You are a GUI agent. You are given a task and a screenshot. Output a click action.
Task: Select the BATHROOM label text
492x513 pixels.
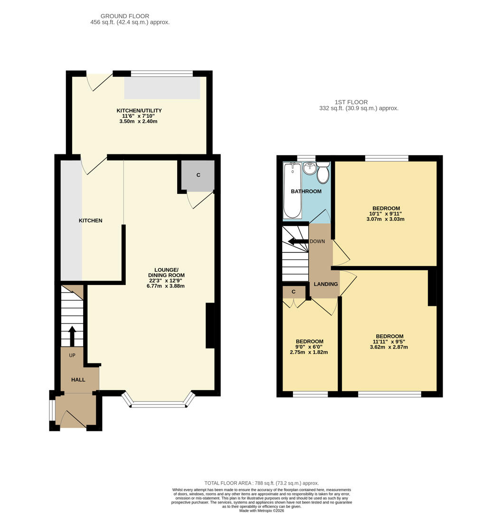pyautogui.click(x=306, y=191)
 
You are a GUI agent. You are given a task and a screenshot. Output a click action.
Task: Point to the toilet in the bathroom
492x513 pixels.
pyautogui.click(x=323, y=173)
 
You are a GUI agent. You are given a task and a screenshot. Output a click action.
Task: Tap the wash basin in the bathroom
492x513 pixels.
pyautogui.click(x=310, y=168)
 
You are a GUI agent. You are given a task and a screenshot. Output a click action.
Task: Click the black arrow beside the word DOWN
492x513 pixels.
pyautogui.click(x=298, y=241)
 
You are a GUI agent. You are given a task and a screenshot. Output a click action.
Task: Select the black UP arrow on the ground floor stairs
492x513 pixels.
pyautogui.click(x=72, y=335)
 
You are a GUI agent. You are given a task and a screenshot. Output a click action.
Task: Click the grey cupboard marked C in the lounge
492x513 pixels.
pyautogui.click(x=198, y=175)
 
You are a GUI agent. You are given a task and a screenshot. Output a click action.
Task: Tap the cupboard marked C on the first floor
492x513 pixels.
pyautogui.click(x=293, y=292)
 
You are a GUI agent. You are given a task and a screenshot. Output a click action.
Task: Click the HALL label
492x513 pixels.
pyautogui.click(x=78, y=380)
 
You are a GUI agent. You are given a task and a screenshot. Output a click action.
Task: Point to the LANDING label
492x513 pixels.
pyautogui.click(x=326, y=284)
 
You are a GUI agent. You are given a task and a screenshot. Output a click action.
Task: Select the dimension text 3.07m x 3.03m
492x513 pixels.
pyautogui.click(x=385, y=219)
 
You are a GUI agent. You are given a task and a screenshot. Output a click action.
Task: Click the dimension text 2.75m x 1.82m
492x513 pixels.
pyautogui.click(x=309, y=352)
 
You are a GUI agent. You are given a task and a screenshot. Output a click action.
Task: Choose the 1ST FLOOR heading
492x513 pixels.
pyautogui.click(x=351, y=102)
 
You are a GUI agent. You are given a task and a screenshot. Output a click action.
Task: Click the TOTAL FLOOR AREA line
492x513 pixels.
pyautogui.click(x=261, y=483)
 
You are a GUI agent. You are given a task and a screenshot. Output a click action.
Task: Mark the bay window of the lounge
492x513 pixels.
pyautogui.click(x=158, y=404)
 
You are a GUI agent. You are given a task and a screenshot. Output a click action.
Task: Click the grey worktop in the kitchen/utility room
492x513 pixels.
pyautogui.click(x=162, y=88)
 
